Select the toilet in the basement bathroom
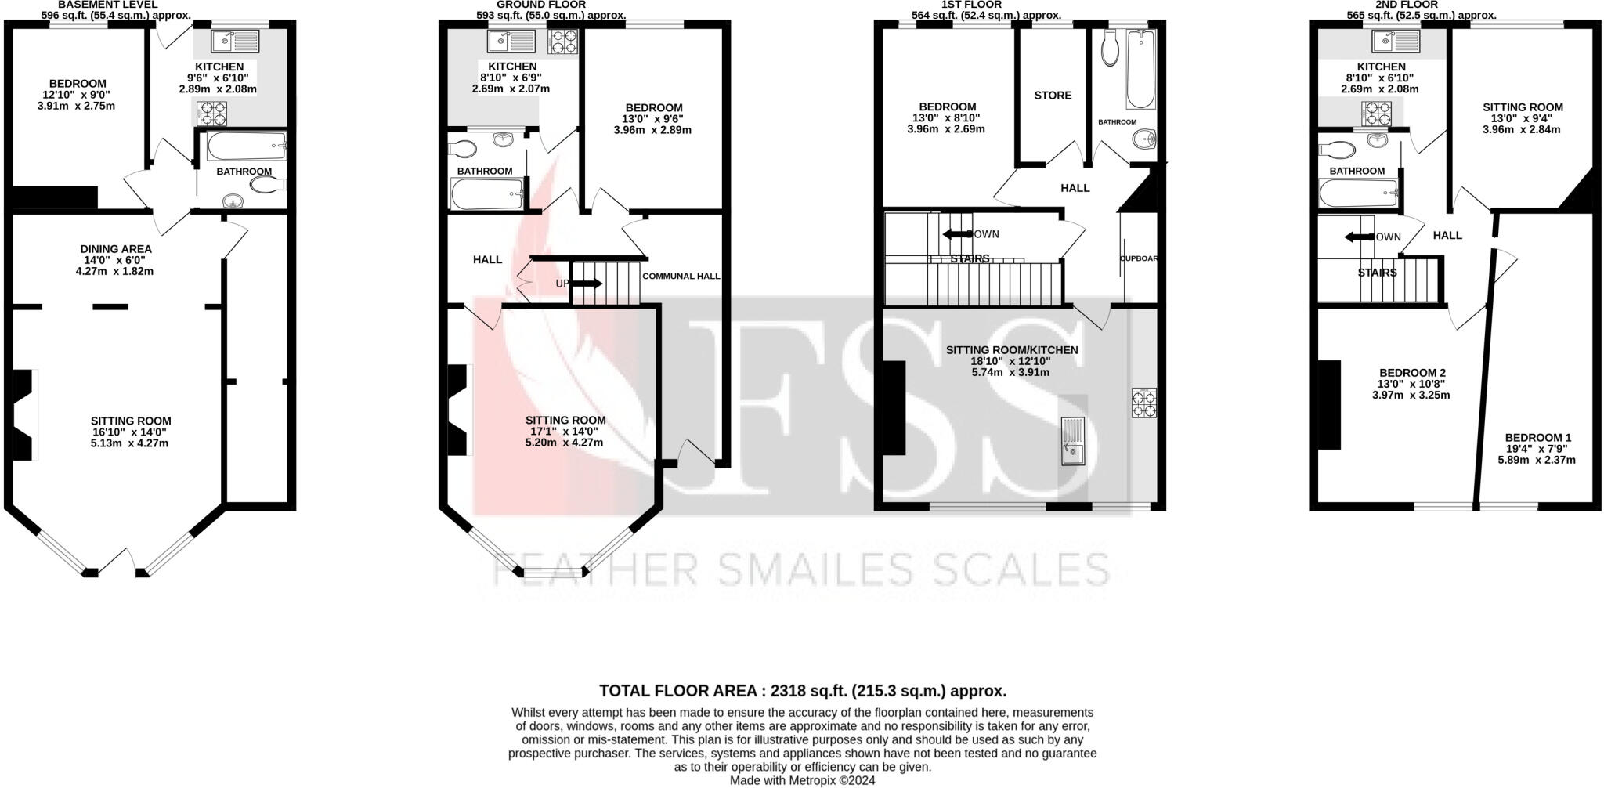point(267,185)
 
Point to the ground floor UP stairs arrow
point(587,284)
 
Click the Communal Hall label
point(681,276)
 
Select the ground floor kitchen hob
point(562,41)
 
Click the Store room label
point(1053,96)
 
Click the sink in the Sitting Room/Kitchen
point(1071,442)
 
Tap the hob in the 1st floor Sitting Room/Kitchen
point(1143,403)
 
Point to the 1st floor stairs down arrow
point(956,233)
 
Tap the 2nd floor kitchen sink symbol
point(1396,40)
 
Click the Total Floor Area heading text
point(802,691)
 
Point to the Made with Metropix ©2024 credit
point(802,781)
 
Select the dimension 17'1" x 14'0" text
point(565,431)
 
